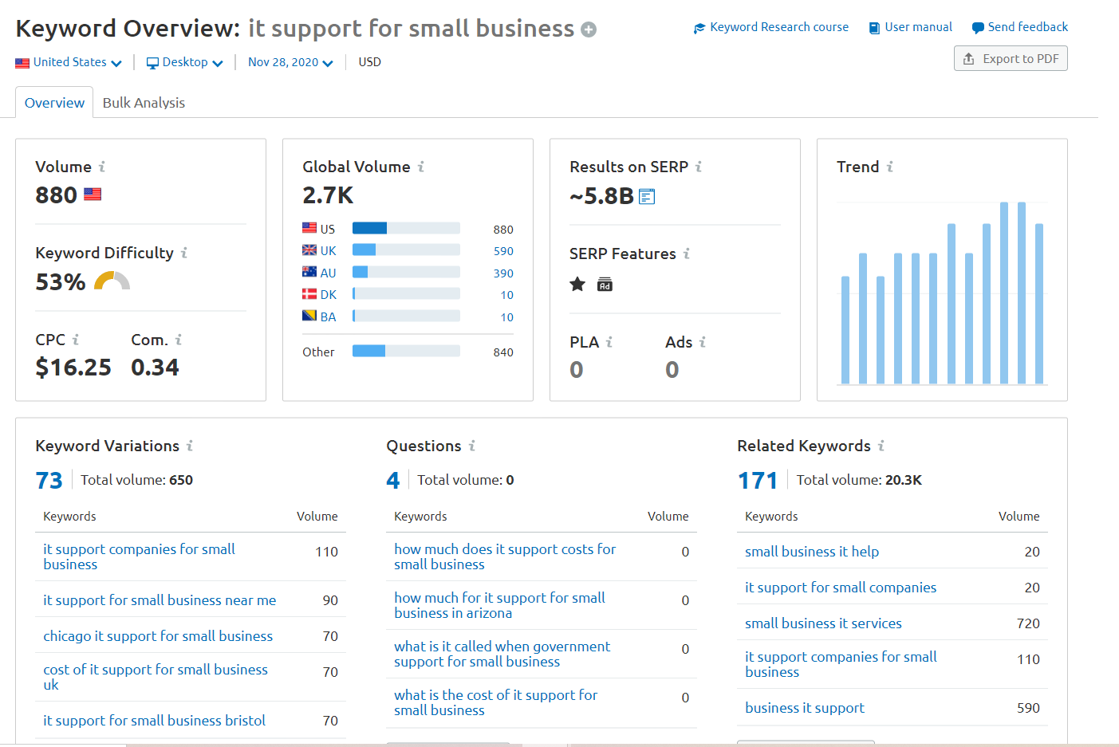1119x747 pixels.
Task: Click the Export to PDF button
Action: pos(1011,59)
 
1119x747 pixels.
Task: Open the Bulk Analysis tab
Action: pos(144,103)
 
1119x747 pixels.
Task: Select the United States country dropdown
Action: pos(69,62)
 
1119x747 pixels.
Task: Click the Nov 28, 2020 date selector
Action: pos(290,62)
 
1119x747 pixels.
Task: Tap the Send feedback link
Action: pos(1020,27)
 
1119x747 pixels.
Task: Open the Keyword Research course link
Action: pos(771,27)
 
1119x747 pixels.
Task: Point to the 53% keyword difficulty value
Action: pos(61,282)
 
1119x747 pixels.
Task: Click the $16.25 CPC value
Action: pos(73,368)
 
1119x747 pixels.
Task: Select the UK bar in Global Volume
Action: pos(406,250)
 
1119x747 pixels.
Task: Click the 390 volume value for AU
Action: pos(503,273)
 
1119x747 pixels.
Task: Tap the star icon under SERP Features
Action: pos(577,285)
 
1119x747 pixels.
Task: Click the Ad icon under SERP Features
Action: pos(605,285)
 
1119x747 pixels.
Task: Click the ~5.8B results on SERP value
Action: pos(601,196)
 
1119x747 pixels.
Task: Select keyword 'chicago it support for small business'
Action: pos(158,636)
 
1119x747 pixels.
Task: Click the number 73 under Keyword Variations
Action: pos(49,481)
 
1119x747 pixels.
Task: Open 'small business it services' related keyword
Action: pos(823,623)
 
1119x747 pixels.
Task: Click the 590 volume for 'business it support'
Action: pos(1028,708)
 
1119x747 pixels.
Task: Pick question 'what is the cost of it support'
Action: pos(494,702)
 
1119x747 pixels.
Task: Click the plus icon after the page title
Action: pos(589,30)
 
